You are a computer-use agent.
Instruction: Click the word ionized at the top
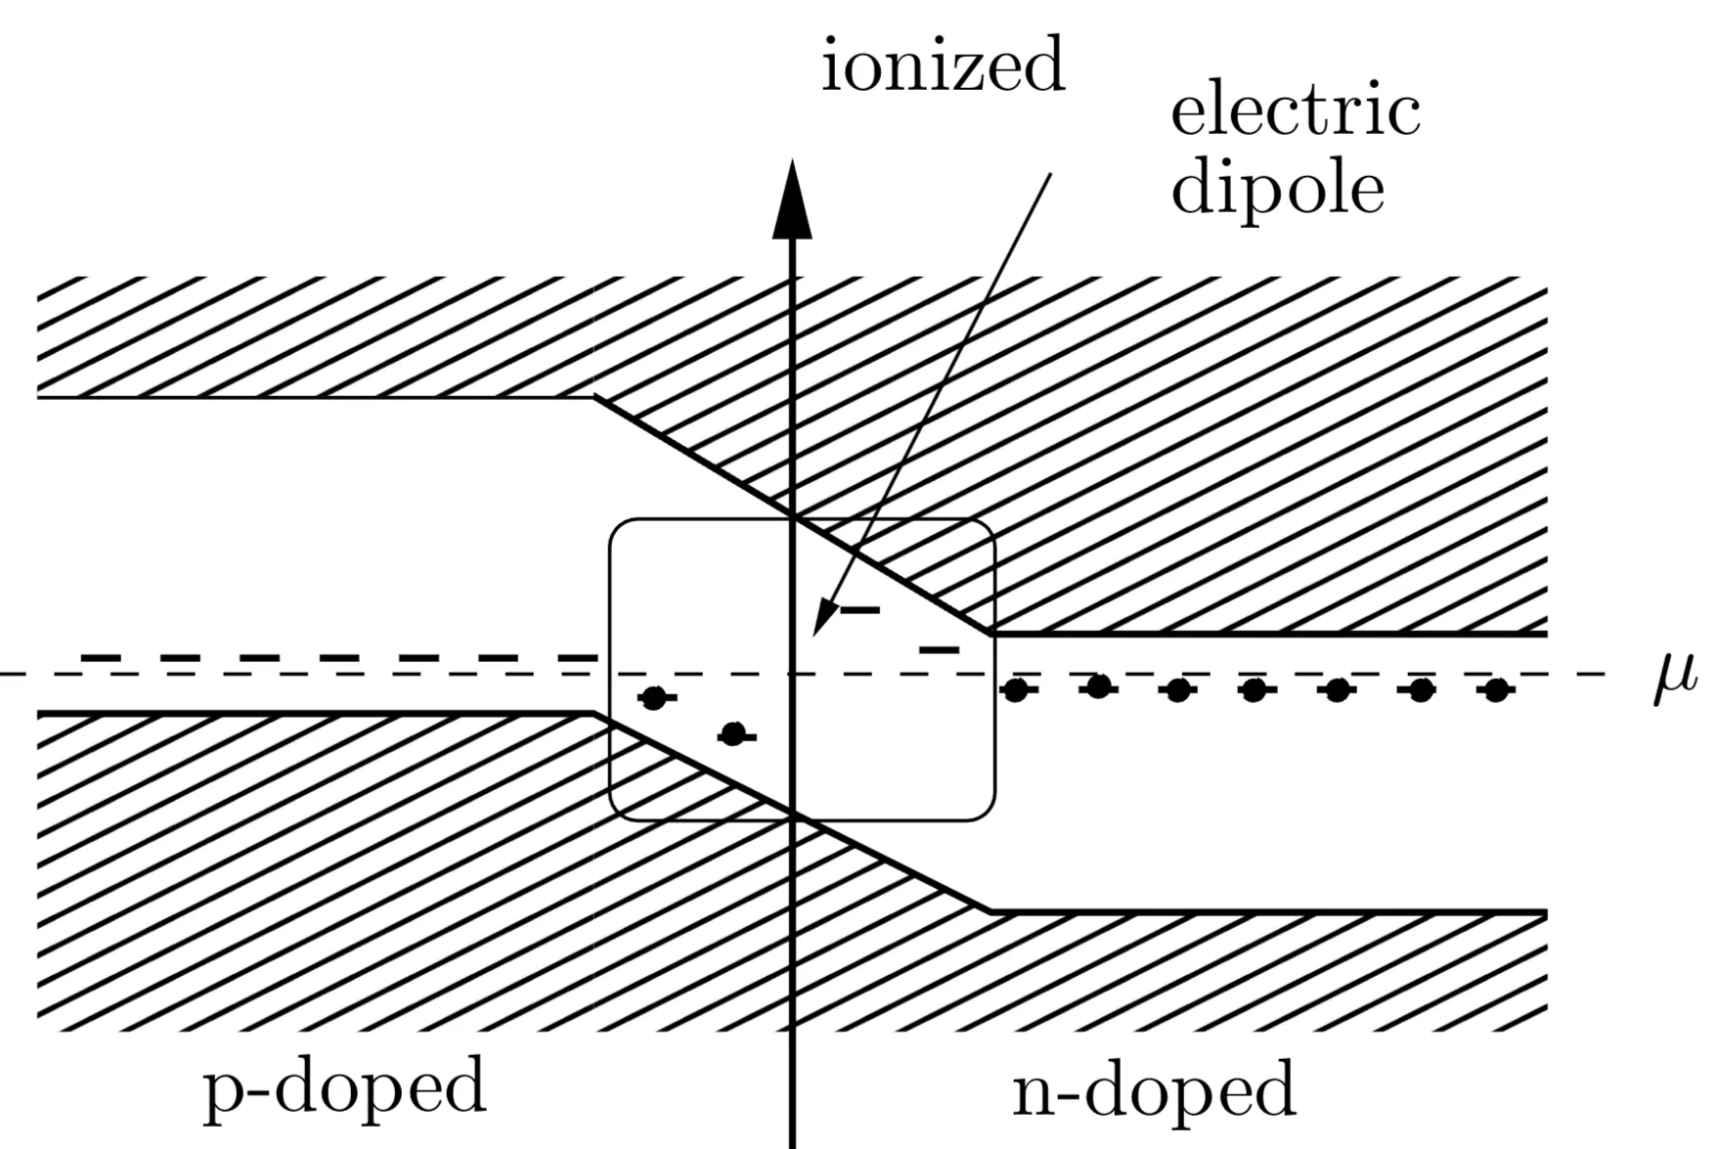tap(943, 65)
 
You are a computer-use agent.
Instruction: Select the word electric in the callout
tap(1295, 111)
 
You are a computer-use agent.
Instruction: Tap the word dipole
tap(1277, 188)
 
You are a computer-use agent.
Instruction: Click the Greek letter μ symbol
tap(1674, 677)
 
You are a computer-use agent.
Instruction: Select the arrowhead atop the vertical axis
tap(792, 200)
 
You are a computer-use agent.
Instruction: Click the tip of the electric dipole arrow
tap(815, 634)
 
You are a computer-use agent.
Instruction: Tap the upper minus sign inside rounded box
tap(860, 610)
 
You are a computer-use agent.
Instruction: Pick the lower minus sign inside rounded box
tap(940, 649)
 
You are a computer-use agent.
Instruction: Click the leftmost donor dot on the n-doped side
tap(1016, 690)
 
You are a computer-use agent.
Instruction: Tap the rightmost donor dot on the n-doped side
tap(1495, 690)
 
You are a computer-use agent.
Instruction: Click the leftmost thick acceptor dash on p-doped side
tap(100, 657)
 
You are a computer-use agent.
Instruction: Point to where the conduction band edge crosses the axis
tap(792, 516)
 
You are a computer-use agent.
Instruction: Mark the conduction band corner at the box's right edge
tap(991, 634)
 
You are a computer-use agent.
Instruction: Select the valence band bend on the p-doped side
tap(594, 714)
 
